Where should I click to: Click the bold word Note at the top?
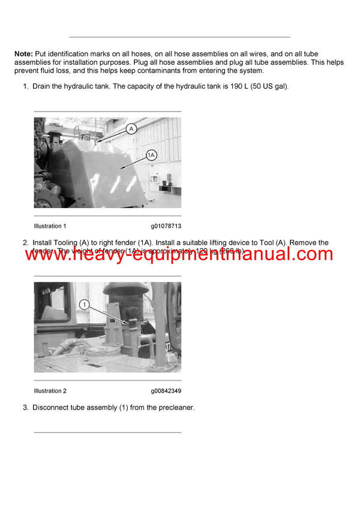(x=24, y=54)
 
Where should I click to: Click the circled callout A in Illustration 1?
(x=132, y=128)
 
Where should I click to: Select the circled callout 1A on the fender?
(x=152, y=155)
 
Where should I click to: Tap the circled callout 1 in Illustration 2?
(x=85, y=305)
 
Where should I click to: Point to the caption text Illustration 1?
(x=50, y=226)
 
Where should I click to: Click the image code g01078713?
(x=166, y=226)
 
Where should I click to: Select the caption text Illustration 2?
(x=50, y=391)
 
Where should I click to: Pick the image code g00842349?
(x=166, y=391)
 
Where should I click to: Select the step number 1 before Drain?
(x=25, y=86)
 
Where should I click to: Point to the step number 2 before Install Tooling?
(x=25, y=243)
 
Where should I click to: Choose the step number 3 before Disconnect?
(x=25, y=408)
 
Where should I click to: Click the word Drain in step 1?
(x=43, y=86)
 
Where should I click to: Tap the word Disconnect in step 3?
(x=53, y=408)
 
